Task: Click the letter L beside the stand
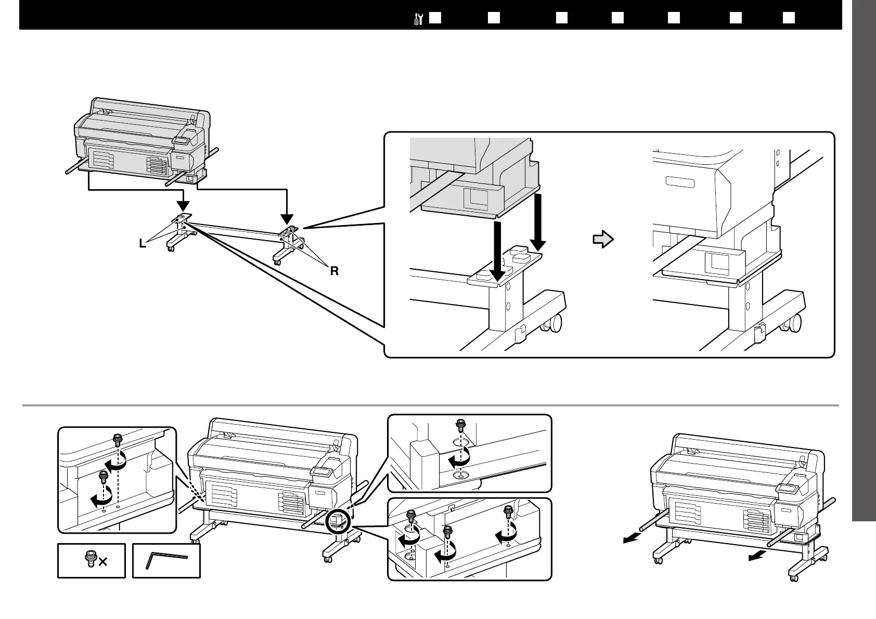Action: click(x=142, y=243)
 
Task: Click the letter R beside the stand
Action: click(x=334, y=271)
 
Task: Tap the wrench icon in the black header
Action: click(x=418, y=18)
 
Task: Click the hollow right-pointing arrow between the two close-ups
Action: click(x=603, y=240)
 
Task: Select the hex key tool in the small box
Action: click(x=166, y=560)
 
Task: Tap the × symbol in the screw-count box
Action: click(x=103, y=562)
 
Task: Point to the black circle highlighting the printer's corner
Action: click(x=336, y=520)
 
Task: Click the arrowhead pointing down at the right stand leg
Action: click(x=287, y=219)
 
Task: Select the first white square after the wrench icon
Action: click(x=435, y=18)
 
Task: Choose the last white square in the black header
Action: click(x=789, y=18)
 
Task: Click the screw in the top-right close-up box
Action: click(x=460, y=425)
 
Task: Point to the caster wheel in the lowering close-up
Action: click(x=552, y=324)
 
